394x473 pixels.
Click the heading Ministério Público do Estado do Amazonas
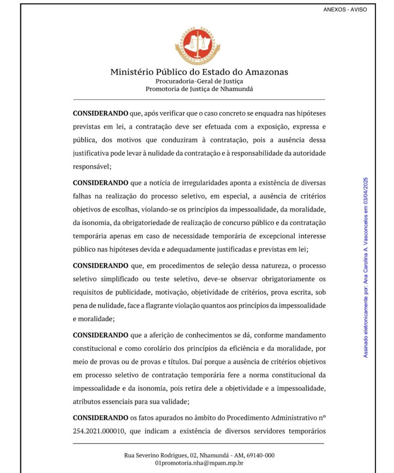(199, 72)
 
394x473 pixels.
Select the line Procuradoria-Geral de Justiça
(199, 81)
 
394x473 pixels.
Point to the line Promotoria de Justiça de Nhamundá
(199, 89)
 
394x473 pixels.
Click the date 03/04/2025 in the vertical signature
(366, 193)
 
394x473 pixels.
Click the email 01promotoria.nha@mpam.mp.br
(199, 463)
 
